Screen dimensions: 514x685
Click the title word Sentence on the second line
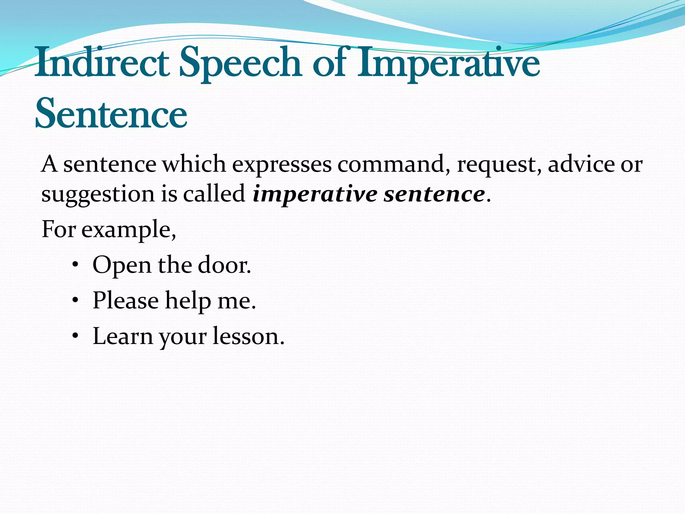(x=111, y=114)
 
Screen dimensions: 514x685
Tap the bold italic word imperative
(x=315, y=195)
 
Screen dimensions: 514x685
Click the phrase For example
(x=108, y=230)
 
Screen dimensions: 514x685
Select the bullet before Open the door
(x=75, y=265)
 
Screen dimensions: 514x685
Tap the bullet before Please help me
(x=75, y=301)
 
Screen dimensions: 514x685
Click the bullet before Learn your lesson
(x=75, y=336)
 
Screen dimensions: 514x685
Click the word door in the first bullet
(x=224, y=265)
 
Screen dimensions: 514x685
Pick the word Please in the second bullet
(x=125, y=300)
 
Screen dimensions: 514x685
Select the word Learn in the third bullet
(x=122, y=336)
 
